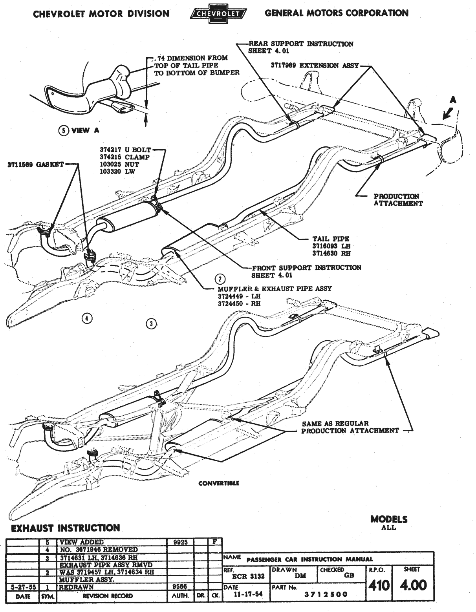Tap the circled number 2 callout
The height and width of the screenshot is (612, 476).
click(x=220, y=279)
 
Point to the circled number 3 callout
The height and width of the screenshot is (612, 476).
click(x=150, y=324)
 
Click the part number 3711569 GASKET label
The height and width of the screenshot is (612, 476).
click(x=35, y=165)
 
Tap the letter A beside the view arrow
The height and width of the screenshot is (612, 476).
click(x=453, y=100)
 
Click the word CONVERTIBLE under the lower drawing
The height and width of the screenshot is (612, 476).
click(x=219, y=483)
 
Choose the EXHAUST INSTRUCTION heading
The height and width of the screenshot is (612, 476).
click(x=65, y=528)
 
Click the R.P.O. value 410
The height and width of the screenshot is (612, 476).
click(x=378, y=586)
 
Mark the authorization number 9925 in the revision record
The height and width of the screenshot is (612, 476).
click(x=181, y=543)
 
